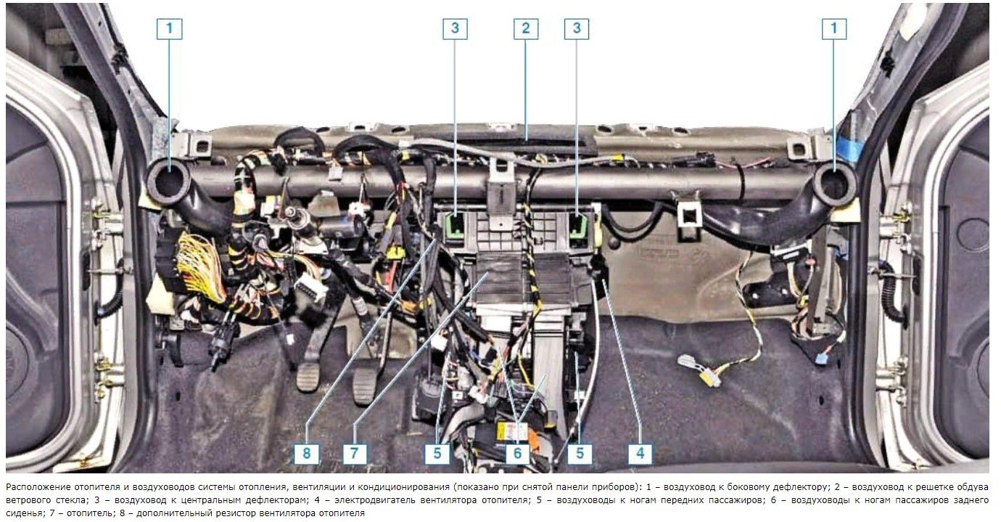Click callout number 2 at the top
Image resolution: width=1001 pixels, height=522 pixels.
click(525, 28)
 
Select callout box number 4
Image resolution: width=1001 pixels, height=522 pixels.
click(640, 454)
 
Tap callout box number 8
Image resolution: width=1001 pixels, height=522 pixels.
click(306, 454)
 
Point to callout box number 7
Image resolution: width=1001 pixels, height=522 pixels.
click(355, 454)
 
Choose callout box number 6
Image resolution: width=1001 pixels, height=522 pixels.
click(517, 454)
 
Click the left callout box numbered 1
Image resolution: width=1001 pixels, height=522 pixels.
click(169, 28)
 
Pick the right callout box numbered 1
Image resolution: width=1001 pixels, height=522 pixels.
click(833, 28)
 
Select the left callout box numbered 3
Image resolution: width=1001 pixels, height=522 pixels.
click(455, 28)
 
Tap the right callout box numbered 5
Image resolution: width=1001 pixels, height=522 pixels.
click(580, 454)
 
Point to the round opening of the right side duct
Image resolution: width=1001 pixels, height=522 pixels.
click(834, 184)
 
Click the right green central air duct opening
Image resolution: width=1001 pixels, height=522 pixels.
click(578, 227)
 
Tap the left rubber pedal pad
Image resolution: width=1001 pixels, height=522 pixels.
click(308, 377)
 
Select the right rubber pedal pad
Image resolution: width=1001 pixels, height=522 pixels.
click(365, 386)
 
